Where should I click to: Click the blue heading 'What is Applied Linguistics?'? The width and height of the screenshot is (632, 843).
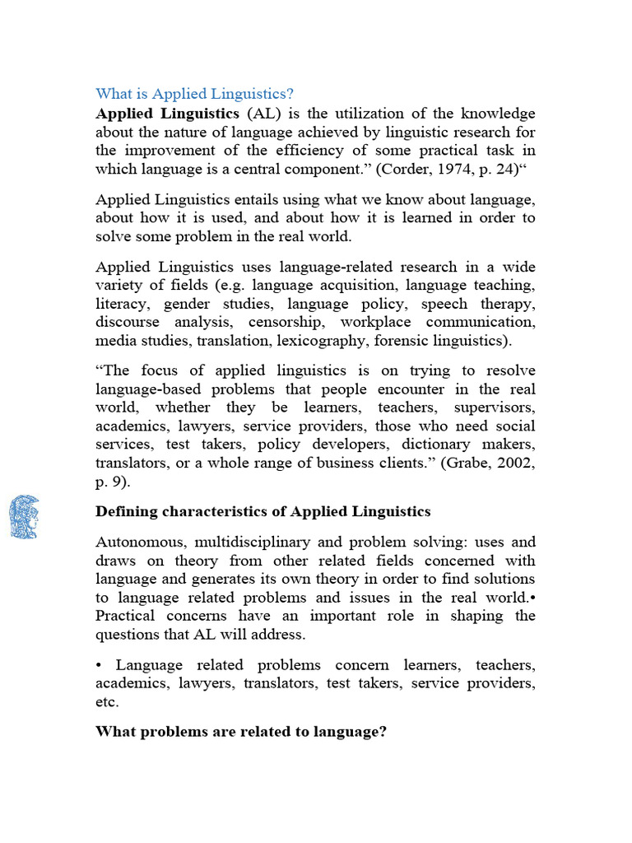point(195,93)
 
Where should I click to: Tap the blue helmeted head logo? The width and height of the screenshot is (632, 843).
point(24,517)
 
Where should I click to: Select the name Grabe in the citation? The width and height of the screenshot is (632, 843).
point(468,463)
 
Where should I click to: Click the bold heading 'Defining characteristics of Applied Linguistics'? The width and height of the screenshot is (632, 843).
point(263,511)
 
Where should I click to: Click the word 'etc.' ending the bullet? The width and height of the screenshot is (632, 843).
point(108,702)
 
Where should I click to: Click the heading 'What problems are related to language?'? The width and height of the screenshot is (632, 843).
point(241,731)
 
